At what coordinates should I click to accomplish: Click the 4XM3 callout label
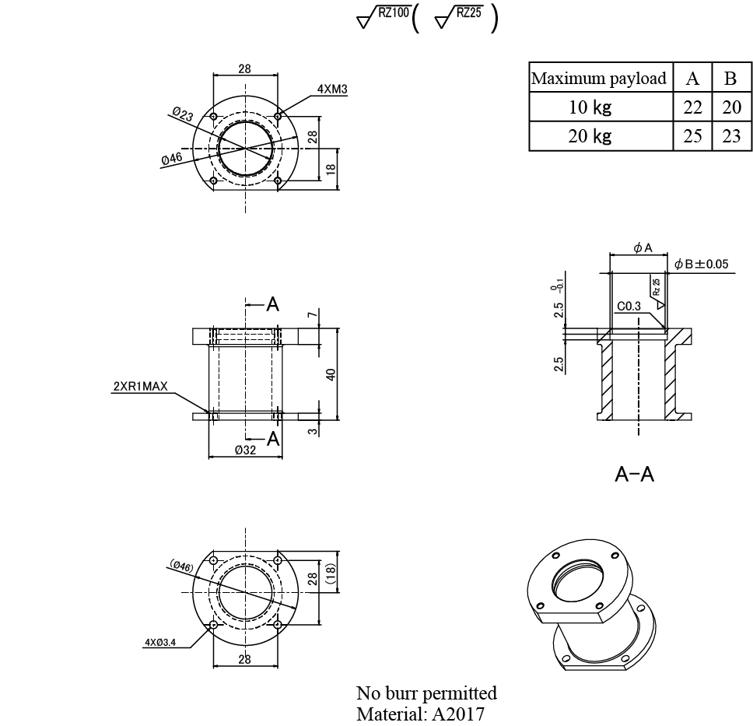[332, 89]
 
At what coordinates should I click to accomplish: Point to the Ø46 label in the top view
[172, 159]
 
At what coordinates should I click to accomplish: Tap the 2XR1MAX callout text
[141, 386]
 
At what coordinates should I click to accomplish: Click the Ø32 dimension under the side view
[245, 450]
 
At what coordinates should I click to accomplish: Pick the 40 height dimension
[331, 374]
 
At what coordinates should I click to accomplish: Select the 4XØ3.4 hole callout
[161, 643]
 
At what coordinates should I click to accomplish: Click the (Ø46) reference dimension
[181, 566]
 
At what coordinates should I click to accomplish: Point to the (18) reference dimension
[330, 577]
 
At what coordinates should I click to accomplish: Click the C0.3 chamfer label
[629, 307]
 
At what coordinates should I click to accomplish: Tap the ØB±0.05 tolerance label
[701, 264]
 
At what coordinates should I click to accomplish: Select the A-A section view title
[634, 474]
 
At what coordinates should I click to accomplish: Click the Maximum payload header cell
[599, 79]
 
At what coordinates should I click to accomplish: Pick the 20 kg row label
[590, 136]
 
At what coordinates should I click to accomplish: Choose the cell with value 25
[692, 136]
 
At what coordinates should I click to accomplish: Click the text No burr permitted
[426, 693]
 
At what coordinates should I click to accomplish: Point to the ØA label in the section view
[642, 247]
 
